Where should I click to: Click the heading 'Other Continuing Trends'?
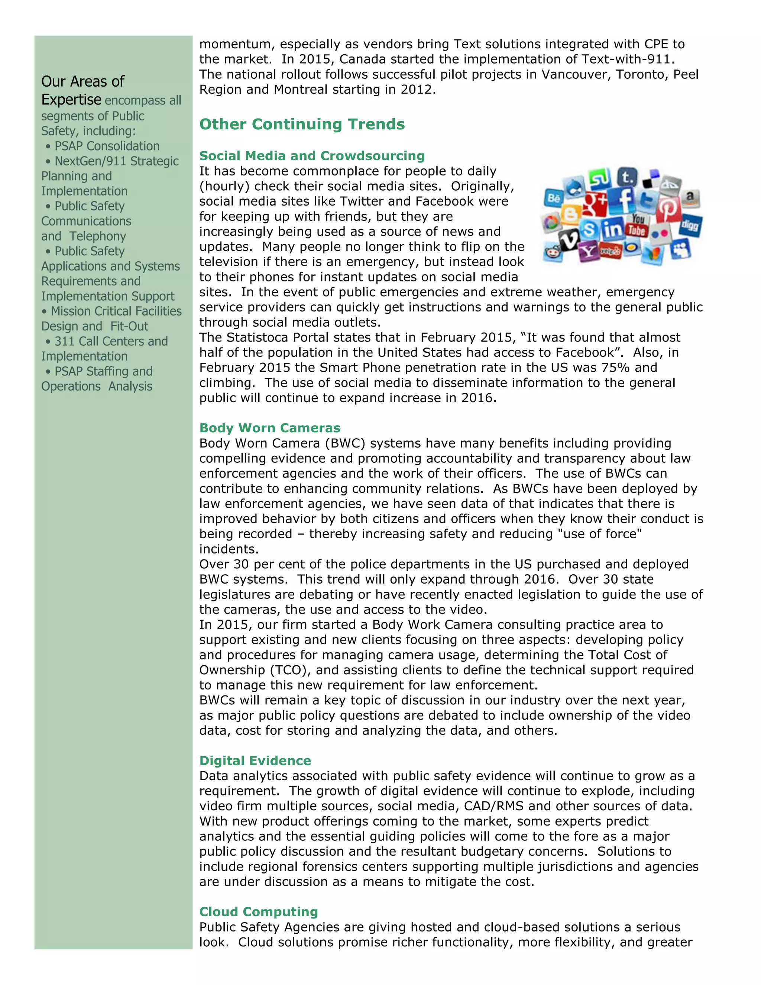(x=302, y=124)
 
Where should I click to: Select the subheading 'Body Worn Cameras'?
(x=270, y=427)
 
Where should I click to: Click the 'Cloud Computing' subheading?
(x=258, y=911)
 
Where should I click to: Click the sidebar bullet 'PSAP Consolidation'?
(x=107, y=146)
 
